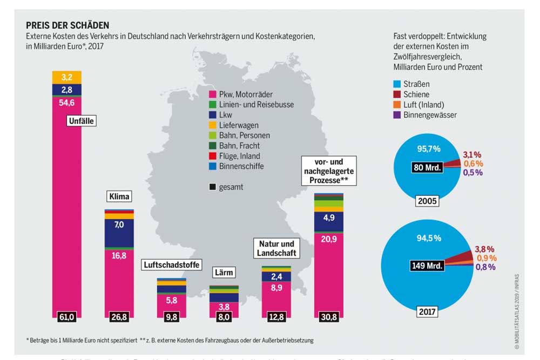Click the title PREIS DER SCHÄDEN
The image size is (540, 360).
67,25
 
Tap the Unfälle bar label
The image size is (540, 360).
82,121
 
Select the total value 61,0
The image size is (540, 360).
66,317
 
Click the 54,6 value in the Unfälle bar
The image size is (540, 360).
67,100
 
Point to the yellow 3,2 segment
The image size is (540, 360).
67,77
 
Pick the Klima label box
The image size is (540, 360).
119,196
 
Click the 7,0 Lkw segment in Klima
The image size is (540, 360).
119,224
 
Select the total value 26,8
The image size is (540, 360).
119,317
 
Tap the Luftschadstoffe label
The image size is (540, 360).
172,264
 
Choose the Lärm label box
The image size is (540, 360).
224,272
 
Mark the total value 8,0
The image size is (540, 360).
224,317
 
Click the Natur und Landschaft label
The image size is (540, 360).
276,248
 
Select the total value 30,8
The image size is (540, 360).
329,317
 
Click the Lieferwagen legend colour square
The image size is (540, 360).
212,125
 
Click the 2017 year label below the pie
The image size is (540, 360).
426,311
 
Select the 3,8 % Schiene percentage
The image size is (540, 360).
484,249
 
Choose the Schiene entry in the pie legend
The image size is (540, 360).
416,94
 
